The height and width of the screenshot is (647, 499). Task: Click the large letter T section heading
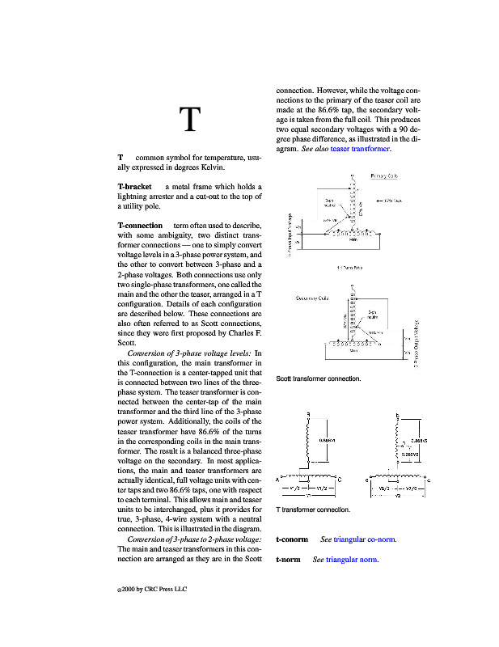[189, 119]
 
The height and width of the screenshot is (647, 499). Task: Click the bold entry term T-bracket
[134, 186]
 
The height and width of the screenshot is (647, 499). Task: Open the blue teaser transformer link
[360, 149]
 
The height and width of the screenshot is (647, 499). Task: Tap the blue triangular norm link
[351, 560]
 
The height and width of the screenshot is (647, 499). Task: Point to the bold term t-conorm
[292, 539]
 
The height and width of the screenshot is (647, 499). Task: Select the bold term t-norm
[288, 560]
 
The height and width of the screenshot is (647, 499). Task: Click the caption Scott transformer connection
[319, 378]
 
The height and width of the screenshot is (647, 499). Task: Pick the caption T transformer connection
[313, 510]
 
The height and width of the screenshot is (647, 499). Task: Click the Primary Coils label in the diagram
[383, 175]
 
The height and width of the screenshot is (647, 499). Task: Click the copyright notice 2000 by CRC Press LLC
[153, 589]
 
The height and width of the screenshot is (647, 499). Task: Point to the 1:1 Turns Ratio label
[349, 266]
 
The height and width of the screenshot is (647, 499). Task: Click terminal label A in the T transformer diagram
[277, 480]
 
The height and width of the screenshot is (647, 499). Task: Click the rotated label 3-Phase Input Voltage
[290, 235]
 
